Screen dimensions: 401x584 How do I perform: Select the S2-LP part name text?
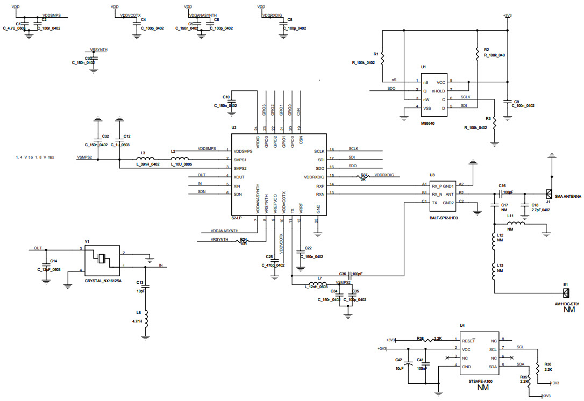tap(237, 218)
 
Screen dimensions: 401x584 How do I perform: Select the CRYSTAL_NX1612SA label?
tap(104, 280)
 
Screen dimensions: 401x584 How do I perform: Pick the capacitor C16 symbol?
tap(501, 193)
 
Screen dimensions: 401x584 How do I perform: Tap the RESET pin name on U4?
tap(468, 340)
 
